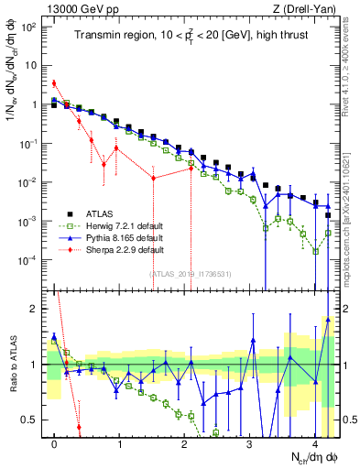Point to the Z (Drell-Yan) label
tap(308, 8)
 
